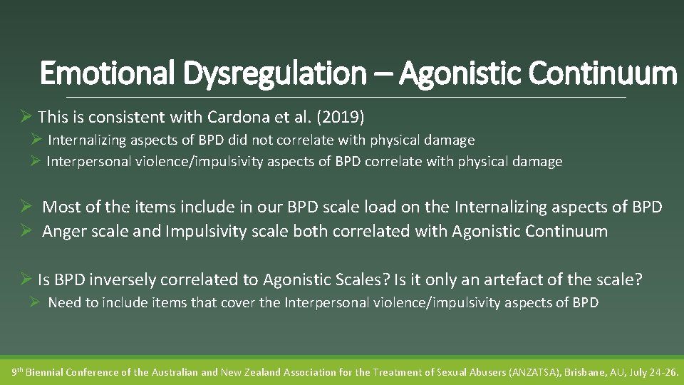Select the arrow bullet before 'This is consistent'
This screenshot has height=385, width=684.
(26, 115)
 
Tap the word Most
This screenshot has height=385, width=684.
(61, 207)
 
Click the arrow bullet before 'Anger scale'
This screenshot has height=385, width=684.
(26, 231)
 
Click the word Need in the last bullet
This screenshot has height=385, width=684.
(63, 302)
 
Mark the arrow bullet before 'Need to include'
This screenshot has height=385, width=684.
(35, 302)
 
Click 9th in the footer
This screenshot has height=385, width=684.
(18, 371)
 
